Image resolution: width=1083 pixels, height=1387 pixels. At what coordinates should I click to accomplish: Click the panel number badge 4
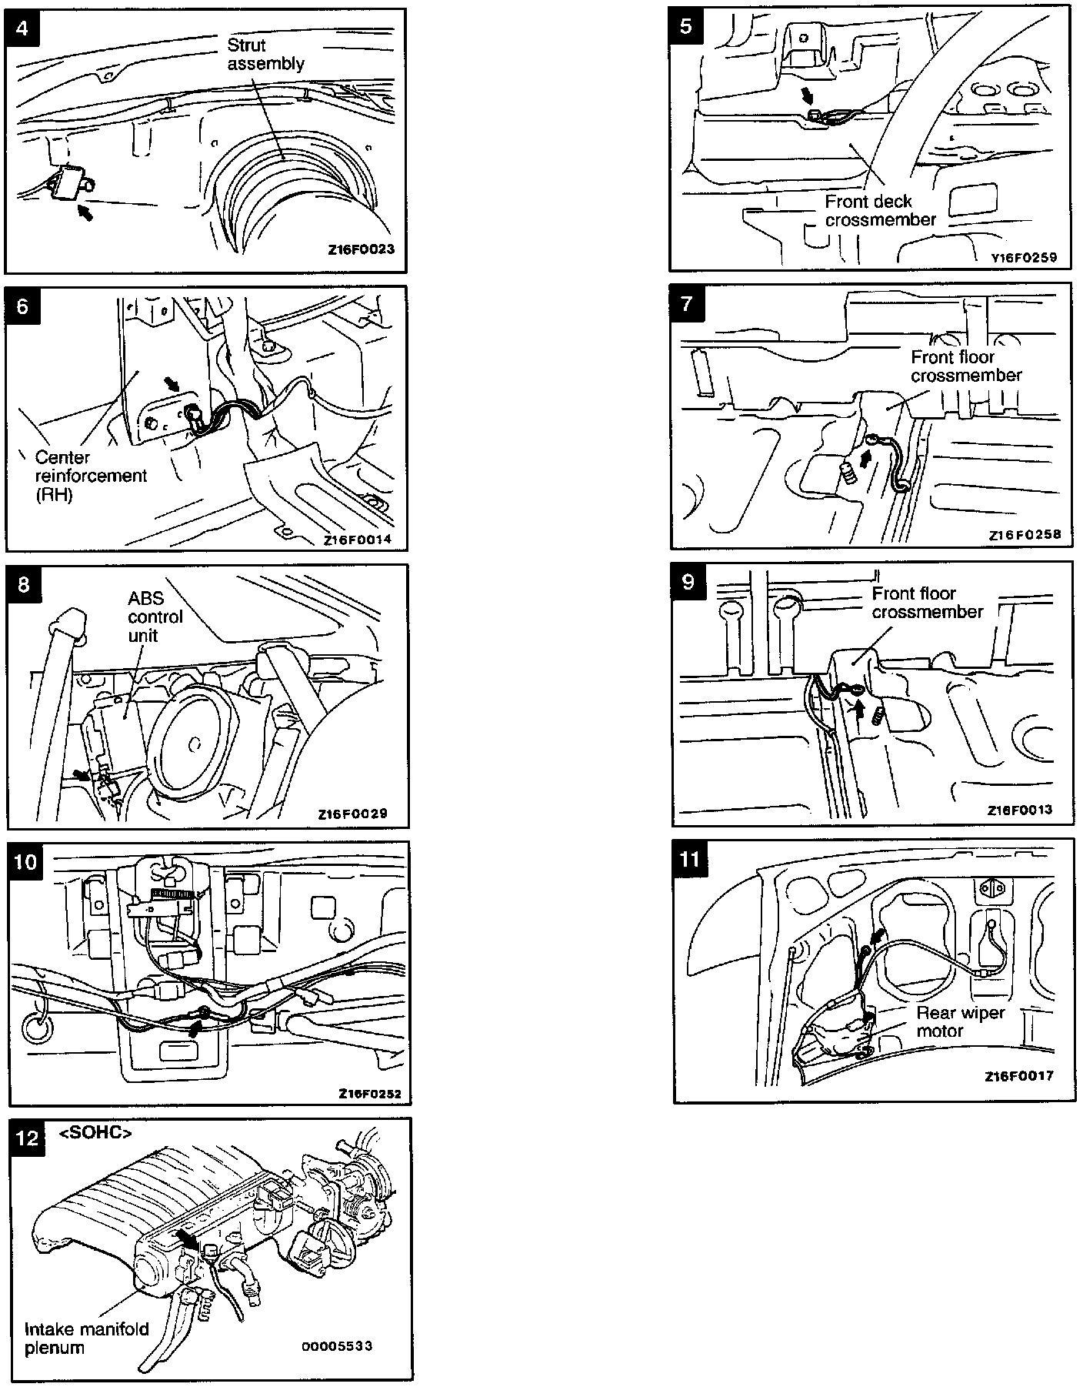(22, 28)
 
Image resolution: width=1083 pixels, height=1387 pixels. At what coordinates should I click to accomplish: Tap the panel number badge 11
(690, 857)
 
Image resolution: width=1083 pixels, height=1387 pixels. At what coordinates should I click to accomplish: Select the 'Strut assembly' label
(265, 55)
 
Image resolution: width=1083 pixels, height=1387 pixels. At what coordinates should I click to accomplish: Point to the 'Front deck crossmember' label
(880, 210)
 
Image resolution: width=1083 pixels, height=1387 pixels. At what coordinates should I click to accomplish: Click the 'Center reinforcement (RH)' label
(90, 476)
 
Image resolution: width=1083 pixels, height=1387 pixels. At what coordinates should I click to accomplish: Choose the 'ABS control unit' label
(155, 617)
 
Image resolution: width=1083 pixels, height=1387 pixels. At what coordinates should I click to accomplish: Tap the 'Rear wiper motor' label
(961, 1021)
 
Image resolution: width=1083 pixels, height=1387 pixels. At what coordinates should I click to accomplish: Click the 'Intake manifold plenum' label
(86, 1339)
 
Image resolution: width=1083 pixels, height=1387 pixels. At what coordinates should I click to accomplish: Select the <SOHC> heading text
(95, 1133)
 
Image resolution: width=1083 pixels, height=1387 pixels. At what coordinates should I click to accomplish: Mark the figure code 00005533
(337, 1345)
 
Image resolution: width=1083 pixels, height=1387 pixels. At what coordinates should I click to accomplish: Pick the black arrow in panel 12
(187, 1237)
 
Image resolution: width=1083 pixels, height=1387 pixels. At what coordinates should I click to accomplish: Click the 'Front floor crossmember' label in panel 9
(926, 603)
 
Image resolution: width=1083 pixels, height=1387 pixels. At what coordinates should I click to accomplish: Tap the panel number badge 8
(23, 584)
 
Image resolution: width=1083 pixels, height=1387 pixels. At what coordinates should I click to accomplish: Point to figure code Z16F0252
(369, 1094)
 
